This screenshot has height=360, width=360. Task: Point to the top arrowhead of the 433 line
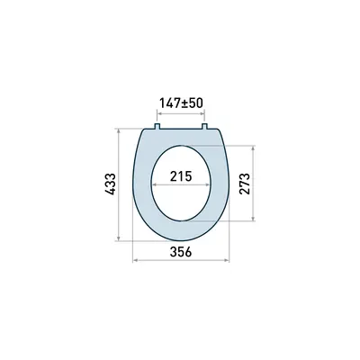coord(119,130)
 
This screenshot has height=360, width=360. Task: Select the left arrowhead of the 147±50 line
coord(158,114)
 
